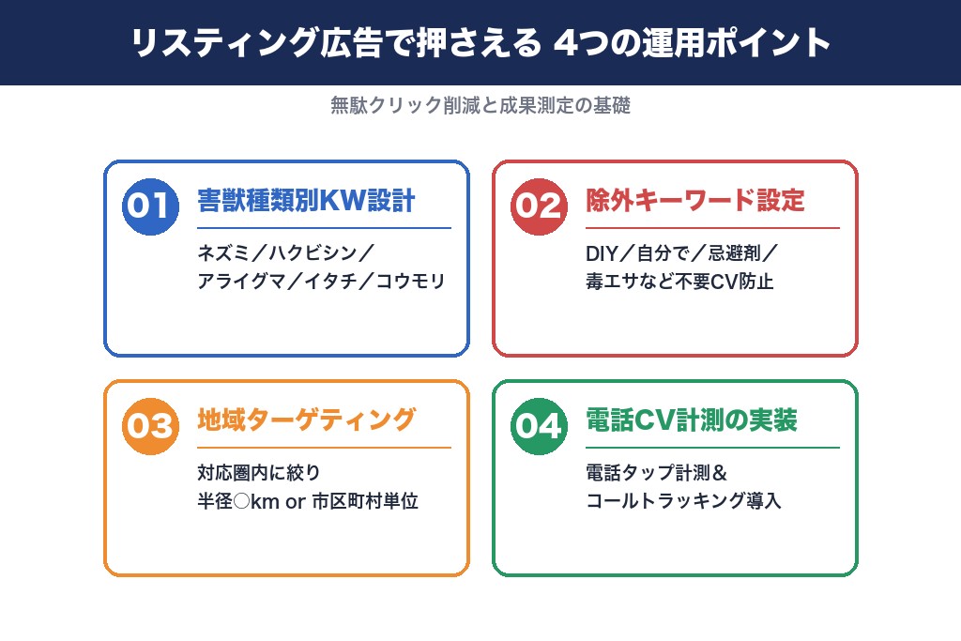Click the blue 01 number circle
(x=150, y=206)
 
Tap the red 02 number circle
(x=539, y=206)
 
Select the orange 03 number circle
(x=150, y=426)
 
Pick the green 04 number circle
(x=539, y=426)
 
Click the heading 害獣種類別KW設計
(x=306, y=201)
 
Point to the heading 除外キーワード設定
(x=695, y=201)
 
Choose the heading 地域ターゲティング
(x=306, y=420)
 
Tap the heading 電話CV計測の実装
(x=692, y=420)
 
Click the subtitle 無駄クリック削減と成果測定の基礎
(x=480, y=106)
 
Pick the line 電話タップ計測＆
(x=657, y=473)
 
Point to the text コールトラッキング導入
(x=683, y=501)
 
